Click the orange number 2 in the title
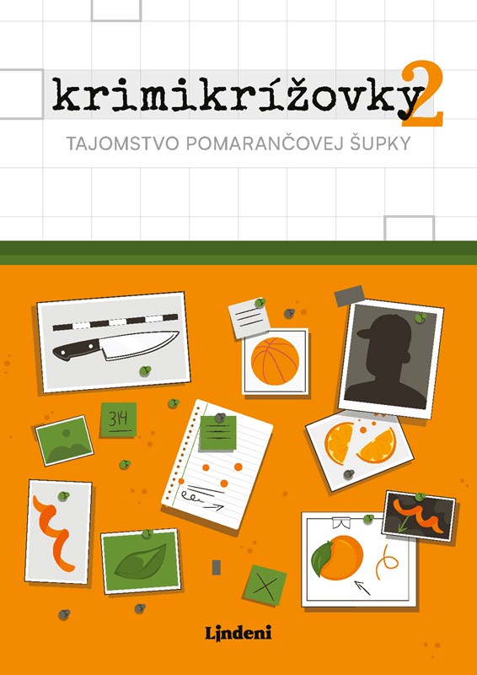pos(422,94)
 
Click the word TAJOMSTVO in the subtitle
pos(121,143)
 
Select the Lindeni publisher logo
pos(238,634)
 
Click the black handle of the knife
pos(76,349)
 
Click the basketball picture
pos(275,361)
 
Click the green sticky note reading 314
pos(118,419)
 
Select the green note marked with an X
pos(265,586)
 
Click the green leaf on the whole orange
pos(322,559)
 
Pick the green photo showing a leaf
pos(141,561)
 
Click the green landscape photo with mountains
pos(64,440)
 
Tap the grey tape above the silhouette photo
pos(349,296)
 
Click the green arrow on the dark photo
pos(403,523)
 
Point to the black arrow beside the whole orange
pos(362,587)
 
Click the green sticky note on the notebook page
pos(218,433)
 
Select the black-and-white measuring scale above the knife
pos(115,322)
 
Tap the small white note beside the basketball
pos(249,319)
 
